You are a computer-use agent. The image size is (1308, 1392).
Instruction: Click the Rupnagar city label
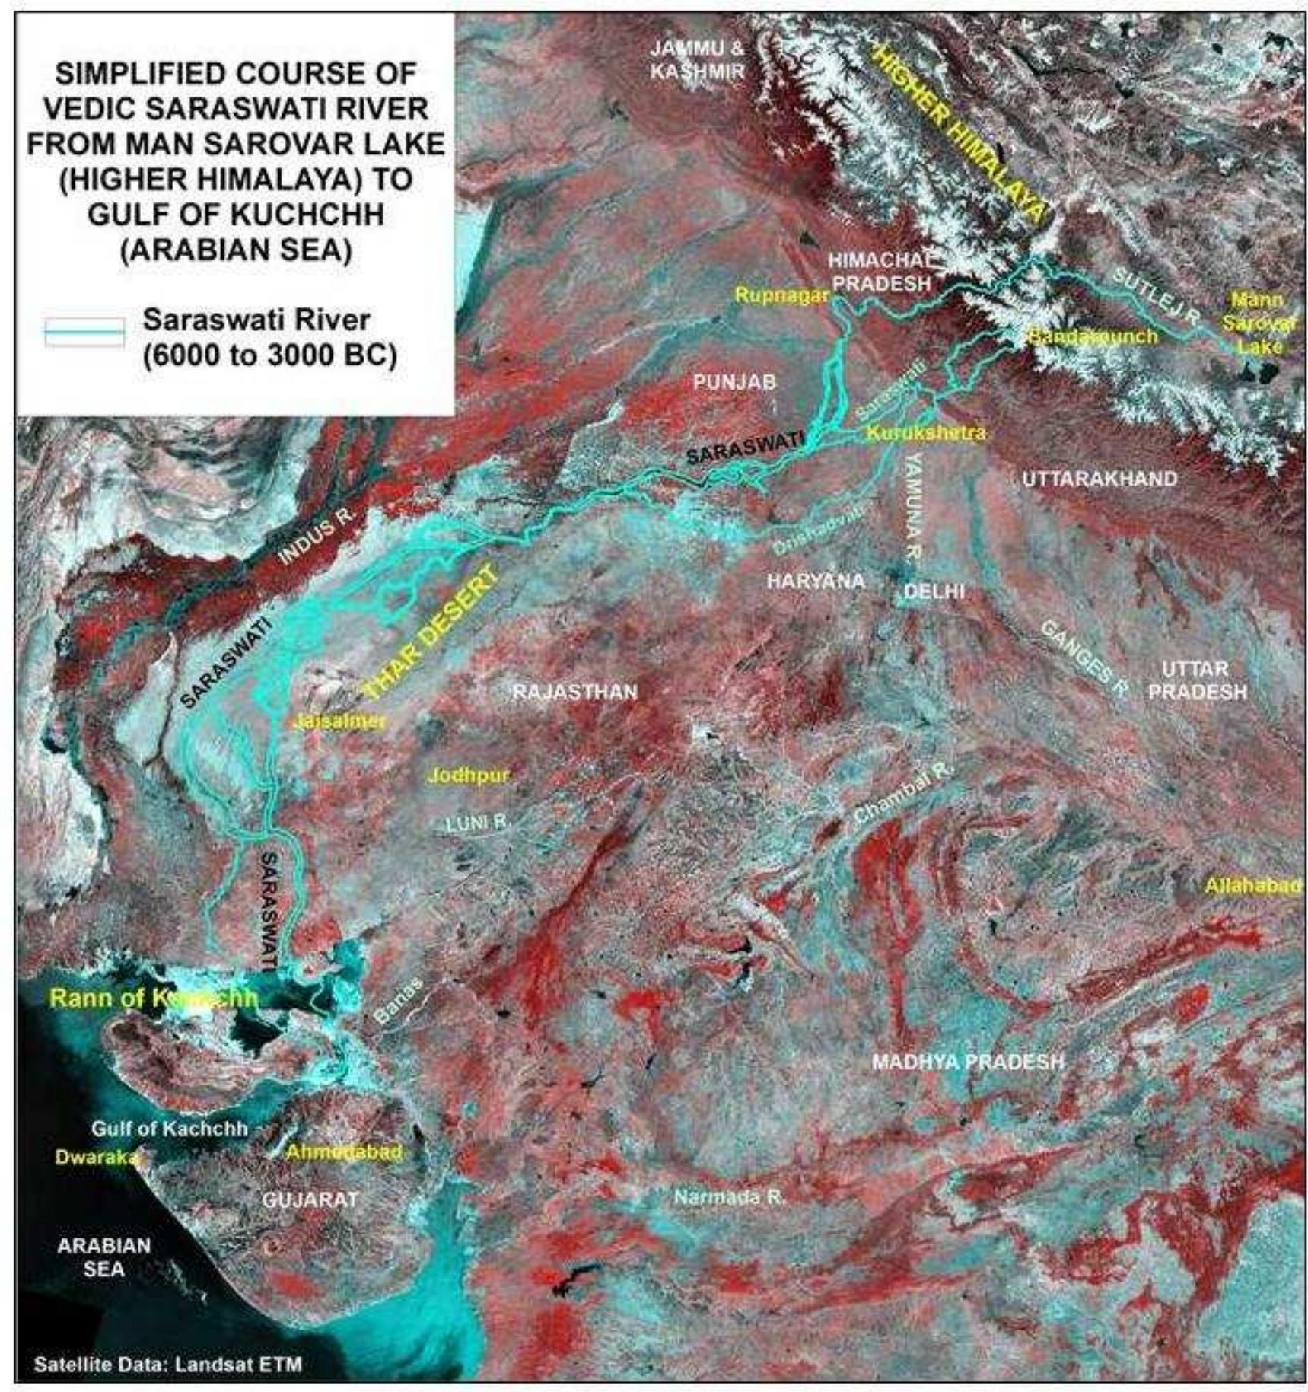(x=781, y=296)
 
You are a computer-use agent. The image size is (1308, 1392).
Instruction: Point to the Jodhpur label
(x=468, y=776)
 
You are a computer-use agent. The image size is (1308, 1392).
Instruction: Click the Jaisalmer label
(x=339, y=721)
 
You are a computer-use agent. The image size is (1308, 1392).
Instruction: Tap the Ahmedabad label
(x=343, y=1152)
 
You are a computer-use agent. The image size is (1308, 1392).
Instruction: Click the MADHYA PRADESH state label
(x=967, y=1061)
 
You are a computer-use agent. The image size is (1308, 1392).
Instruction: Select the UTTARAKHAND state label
(x=1100, y=479)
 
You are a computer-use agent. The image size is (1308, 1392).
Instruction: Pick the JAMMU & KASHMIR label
(x=697, y=59)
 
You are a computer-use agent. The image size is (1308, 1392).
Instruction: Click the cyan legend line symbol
(x=84, y=332)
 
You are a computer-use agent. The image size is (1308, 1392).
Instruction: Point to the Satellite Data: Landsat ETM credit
(x=167, y=1364)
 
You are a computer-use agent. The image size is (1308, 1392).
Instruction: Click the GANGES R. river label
(x=1084, y=658)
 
